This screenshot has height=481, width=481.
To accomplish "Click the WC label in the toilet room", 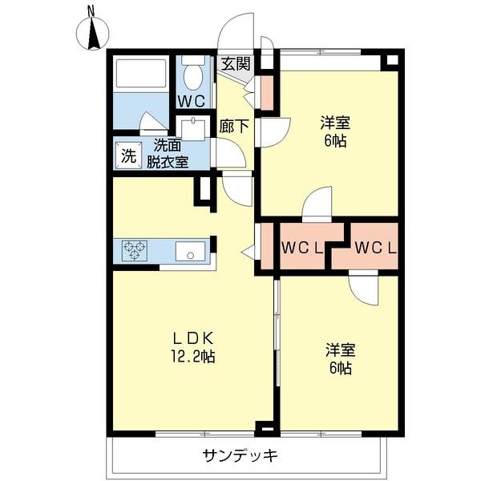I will (192, 100).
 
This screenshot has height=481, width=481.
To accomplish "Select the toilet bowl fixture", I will (192, 75).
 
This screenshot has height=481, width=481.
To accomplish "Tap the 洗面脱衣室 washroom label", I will (168, 154).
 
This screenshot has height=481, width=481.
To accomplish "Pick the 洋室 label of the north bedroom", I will (336, 122).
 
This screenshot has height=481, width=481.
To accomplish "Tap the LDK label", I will (191, 338).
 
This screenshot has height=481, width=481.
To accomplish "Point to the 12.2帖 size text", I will (191, 357).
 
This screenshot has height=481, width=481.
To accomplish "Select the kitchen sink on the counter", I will (190, 252).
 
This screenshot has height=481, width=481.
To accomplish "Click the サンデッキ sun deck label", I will (240, 456).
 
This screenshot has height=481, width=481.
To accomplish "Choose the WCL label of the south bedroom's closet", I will (374, 248).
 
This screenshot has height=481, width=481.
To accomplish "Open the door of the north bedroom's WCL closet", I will (317, 202).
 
